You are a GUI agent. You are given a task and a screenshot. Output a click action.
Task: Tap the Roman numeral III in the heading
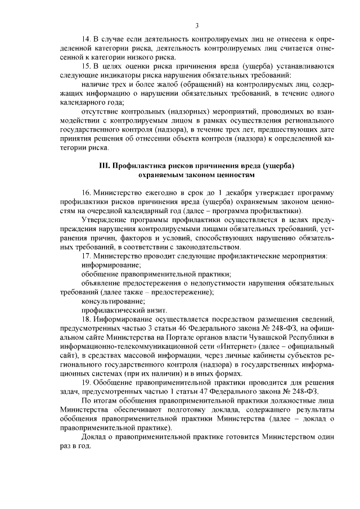pos(104,166)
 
